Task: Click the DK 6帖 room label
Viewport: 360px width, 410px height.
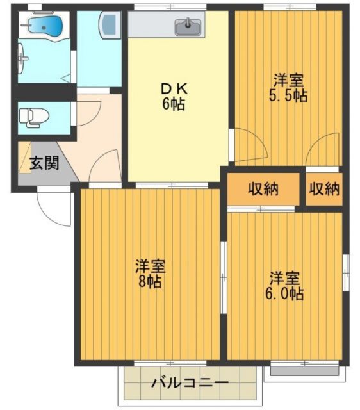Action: [x=173, y=96]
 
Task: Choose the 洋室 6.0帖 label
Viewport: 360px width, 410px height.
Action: [x=285, y=286]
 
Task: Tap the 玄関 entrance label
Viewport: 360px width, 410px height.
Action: [x=44, y=163]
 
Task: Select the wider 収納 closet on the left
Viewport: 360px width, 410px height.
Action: [x=263, y=190]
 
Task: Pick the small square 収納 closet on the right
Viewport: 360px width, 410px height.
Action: [x=323, y=190]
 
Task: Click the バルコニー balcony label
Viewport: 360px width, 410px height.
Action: [x=190, y=384]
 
